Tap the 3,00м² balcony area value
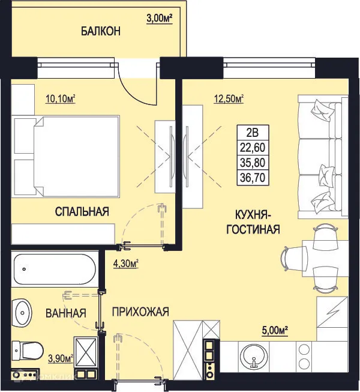tap(159, 19)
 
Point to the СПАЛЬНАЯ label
tap(82, 211)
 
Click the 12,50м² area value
tap(229, 98)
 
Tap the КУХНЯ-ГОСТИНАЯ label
tap(254, 222)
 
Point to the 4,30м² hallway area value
tap(126, 262)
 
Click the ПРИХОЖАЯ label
tap(140, 312)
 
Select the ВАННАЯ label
tap(66, 313)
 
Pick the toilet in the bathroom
tap(27, 349)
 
